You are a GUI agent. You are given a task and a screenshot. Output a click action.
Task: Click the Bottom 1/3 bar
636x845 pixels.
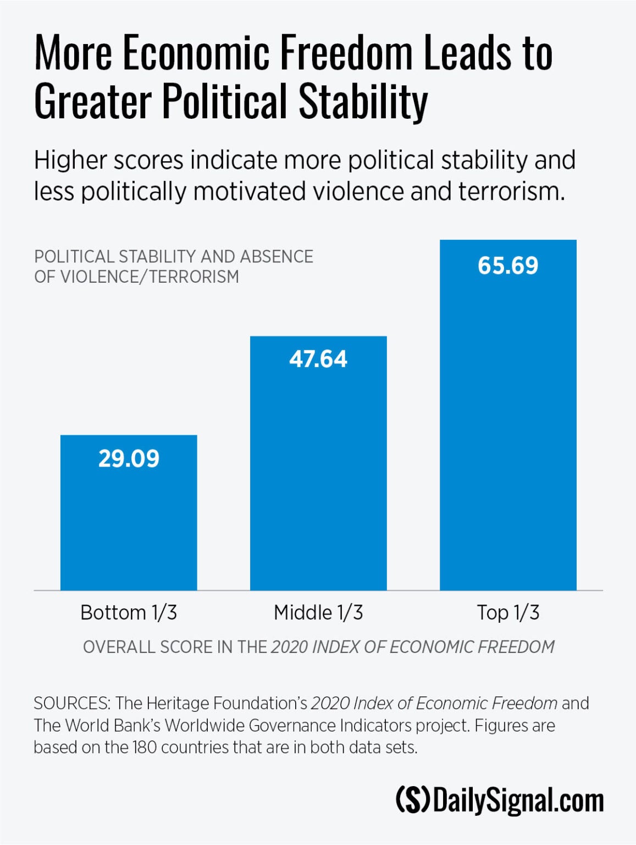tap(129, 523)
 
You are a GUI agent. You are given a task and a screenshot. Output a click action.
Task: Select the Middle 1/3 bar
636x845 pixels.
tap(318, 473)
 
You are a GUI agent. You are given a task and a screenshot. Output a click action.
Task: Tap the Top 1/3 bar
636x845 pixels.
tap(508, 424)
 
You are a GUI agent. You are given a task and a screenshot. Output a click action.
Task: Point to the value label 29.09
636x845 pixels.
tap(129, 458)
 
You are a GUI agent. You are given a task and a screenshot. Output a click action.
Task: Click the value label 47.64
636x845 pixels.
tap(318, 359)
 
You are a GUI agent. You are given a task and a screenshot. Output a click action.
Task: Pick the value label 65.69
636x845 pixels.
tap(508, 266)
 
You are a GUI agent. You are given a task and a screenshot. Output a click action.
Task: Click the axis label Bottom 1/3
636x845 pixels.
tap(129, 612)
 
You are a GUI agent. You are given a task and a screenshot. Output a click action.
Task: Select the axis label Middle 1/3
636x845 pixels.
tap(318, 612)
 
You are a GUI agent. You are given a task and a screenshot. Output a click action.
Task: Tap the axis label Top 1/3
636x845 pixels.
tap(508, 612)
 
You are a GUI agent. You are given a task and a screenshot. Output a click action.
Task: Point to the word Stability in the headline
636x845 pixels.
tap(363, 102)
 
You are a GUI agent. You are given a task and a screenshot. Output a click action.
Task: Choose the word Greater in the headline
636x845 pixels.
tap(92, 102)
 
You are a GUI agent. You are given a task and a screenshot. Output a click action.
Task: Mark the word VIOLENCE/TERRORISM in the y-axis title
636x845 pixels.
tap(150, 276)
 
